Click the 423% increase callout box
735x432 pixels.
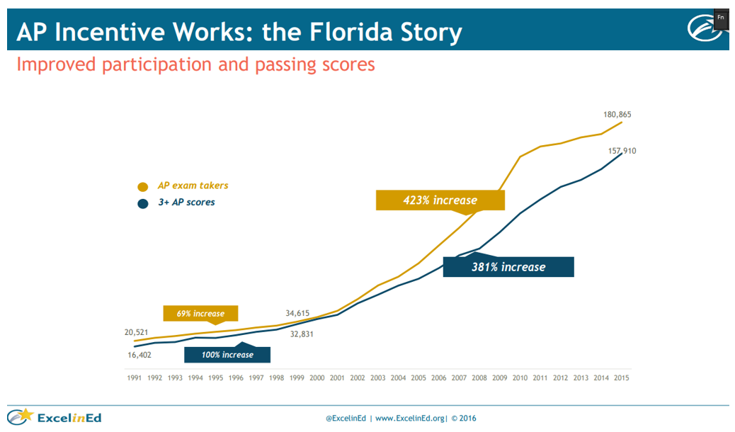(x=440, y=200)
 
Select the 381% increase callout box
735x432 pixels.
(x=508, y=267)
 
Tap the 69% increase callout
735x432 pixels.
(x=200, y=313)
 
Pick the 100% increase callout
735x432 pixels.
(x=227, y=354)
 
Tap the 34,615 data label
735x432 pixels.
(x=299, y=313)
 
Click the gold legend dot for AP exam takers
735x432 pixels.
(x=143, y=187)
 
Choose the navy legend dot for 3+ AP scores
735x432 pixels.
(x=143, y=203)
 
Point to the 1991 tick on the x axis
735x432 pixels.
(x=135, y=378)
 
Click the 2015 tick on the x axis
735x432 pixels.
(x=621, y=378)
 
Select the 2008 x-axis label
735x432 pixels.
(x=479, y=378)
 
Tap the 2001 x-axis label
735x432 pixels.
(x=337, y=378)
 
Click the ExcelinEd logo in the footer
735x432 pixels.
(x=55, y=417)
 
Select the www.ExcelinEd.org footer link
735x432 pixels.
(x=409, y=418)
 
